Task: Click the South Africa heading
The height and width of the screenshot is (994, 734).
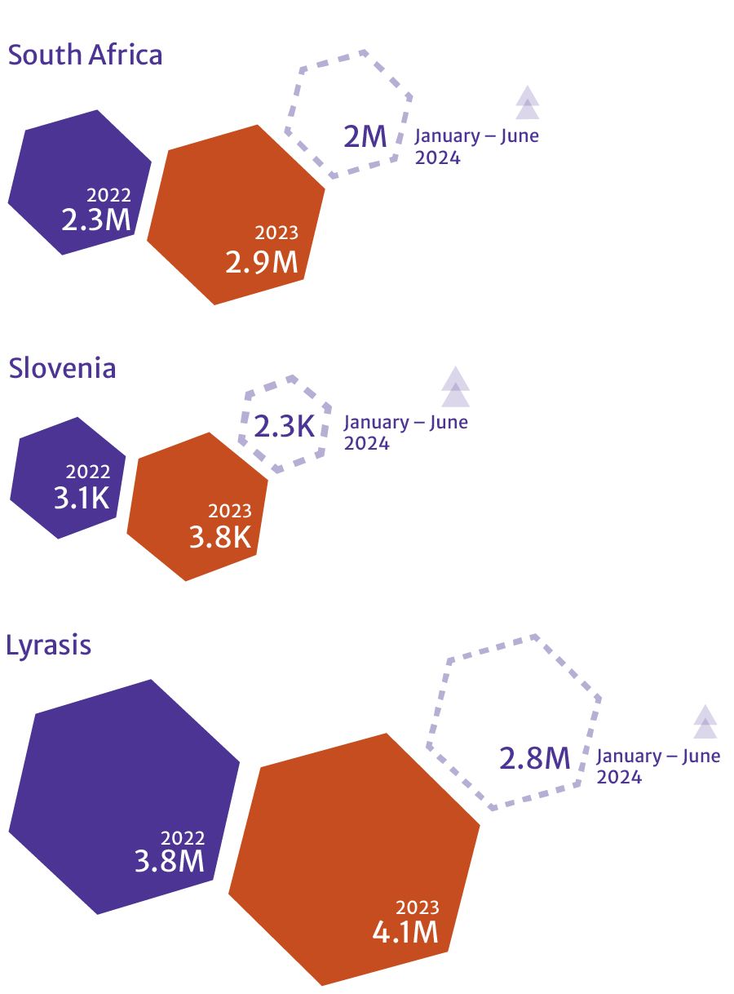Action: [x=85, y=55]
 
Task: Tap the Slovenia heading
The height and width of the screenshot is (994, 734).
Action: [x=62, y=368]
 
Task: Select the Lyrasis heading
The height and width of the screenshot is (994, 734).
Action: [x=48, y=646]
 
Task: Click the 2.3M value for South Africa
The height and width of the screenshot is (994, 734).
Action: [x=96, y=219]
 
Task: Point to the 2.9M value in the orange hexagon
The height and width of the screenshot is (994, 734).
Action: [x=262, y=262]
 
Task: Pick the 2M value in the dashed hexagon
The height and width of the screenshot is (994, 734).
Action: [x=365, y=136]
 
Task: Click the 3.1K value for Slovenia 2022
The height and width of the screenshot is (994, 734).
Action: [x=82, y=497]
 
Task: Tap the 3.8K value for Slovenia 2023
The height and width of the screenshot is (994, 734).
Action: [x=220, y=537]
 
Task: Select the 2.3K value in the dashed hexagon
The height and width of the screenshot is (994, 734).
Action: [x=284, y=425]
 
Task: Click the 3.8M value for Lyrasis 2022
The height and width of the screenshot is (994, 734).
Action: [x=170, y=861]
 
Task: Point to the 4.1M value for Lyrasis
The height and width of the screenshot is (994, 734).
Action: [x=405, y=931]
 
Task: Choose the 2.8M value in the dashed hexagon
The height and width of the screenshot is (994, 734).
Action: [x=534, y=758]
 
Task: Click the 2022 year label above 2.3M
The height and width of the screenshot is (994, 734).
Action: [x=108, y=195]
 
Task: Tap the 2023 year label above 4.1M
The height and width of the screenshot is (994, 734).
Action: [x=417, y=907]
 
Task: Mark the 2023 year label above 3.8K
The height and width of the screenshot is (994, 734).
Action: [x=230, y=512]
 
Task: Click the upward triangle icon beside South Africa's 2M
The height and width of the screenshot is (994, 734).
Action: [x=528, y=103]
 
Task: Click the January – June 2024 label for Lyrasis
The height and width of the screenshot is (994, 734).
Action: [x=657, y=765]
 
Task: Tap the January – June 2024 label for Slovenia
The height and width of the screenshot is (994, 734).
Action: [x=405, y=433]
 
